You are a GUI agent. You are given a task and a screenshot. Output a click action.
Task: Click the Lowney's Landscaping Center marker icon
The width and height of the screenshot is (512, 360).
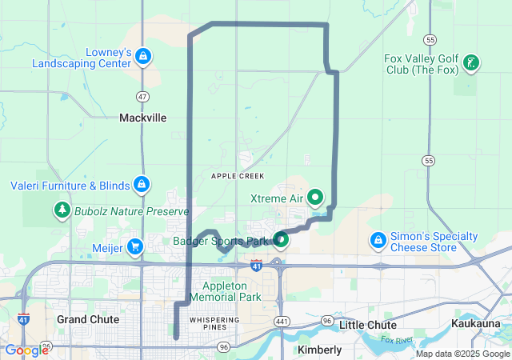point(143,57)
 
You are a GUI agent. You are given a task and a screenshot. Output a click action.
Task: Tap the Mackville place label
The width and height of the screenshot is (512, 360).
point(143,118)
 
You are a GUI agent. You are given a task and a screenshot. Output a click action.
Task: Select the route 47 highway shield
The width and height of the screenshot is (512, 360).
point(142,97)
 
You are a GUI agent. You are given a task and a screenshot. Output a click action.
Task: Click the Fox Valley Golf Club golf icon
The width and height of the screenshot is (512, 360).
point(471,62)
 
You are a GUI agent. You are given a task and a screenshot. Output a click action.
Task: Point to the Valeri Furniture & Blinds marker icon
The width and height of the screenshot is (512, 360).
point(142,186)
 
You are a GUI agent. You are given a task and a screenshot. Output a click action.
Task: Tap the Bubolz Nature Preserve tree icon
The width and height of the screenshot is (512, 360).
point(62,211)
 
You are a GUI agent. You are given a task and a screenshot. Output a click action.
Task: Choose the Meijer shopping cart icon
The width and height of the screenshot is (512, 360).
point(135,247)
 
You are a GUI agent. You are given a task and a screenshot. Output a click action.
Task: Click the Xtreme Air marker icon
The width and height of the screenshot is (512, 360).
point(315,197)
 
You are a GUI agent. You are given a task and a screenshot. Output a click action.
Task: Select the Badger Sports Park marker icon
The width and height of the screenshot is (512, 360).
point(281,239)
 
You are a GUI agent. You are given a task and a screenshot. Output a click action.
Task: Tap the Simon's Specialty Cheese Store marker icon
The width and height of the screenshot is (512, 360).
point(378,240)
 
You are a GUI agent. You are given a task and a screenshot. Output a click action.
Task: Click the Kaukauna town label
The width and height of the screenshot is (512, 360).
point(478,323)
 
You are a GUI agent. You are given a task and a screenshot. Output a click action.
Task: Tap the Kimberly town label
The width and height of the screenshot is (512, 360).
point(319,350)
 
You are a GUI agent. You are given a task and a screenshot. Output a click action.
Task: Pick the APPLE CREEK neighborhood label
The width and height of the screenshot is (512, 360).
point(237,175)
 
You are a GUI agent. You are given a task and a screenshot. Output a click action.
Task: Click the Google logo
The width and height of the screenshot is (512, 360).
point(27,350)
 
